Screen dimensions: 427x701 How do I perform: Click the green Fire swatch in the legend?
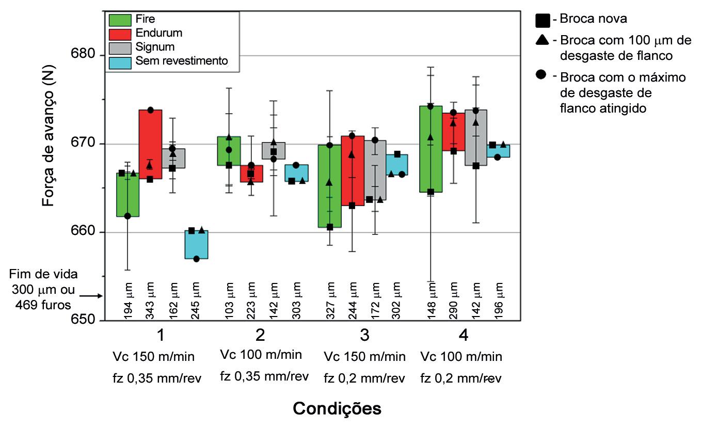[121, 21]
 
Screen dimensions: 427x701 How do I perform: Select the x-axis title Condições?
[337, 408]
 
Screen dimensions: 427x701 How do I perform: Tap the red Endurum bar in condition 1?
[150, 144]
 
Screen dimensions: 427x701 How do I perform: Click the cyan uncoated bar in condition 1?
[196, 245]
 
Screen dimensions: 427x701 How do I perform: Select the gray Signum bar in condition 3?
[375, 170]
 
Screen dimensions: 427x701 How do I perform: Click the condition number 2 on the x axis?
[260, 336]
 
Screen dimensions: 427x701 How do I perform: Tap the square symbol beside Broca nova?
[542, 20]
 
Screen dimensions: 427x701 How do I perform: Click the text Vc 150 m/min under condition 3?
[364, 357]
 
